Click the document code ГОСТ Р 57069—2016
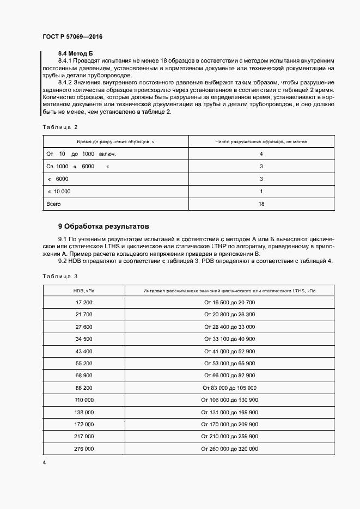coord(72,36)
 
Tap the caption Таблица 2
coord(60,127)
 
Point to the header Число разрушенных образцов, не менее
coord(261,142)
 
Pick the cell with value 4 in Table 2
coord(261,154)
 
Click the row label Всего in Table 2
coord(54,204)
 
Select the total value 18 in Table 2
coord(261,204)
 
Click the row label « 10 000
coord(59,191)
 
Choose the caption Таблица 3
coord(60,276)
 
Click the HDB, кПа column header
coord(84,291)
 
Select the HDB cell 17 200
coord(84,302)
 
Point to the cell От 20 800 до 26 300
coord(230,314)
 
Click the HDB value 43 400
coord(84,351)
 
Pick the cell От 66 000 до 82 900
coord(230,376)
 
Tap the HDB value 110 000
coord(84,400)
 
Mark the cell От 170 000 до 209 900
coord(230,424)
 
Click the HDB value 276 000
coord(84,449)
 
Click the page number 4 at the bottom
coord(44,463)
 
